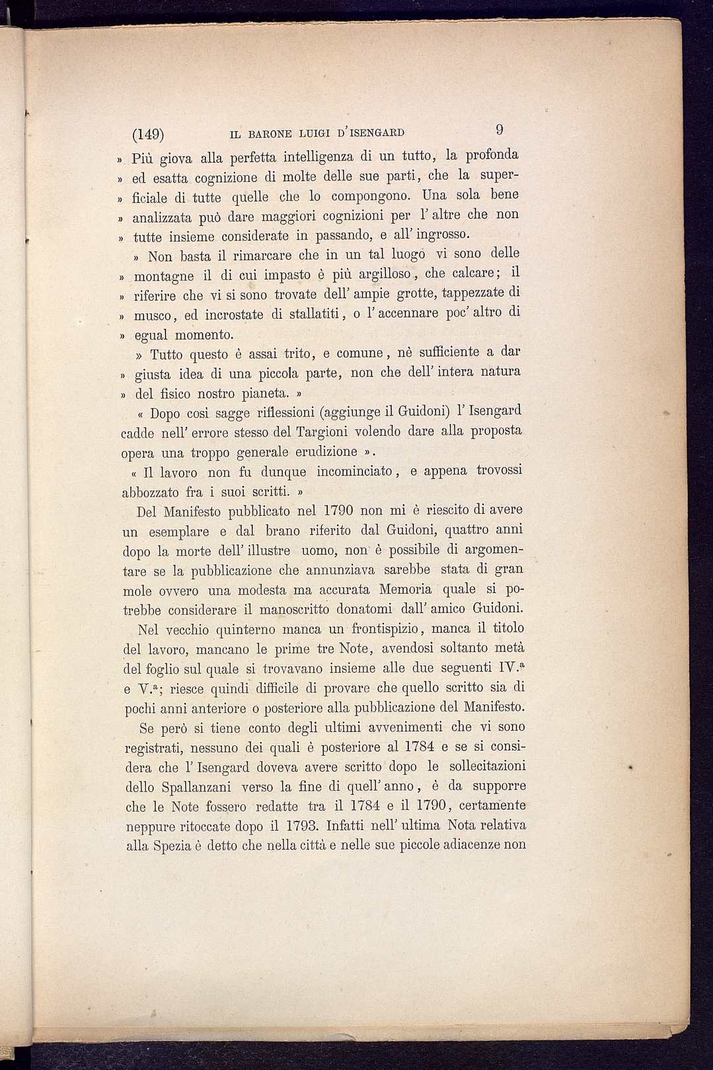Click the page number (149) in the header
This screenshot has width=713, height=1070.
coord(148,134)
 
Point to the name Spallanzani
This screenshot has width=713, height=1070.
coord(195,787)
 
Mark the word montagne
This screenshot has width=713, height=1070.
coord(164,275)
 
